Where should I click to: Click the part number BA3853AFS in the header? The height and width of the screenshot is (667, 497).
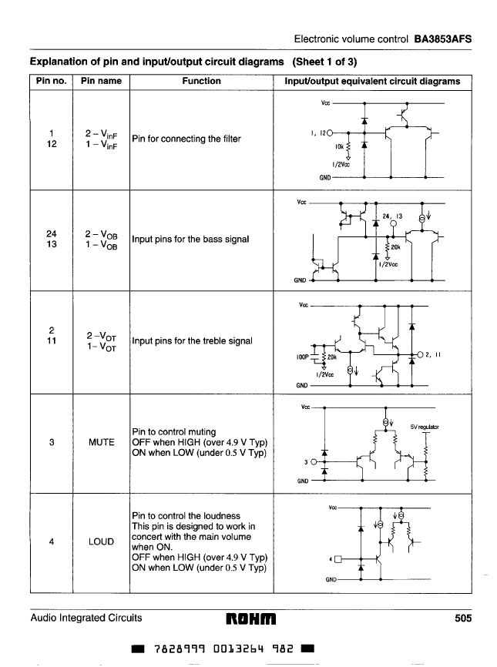tap(442, 38)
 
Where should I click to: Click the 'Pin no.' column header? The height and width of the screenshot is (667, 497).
tap(51, 81)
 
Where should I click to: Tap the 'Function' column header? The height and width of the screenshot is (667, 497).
tap(201, 81)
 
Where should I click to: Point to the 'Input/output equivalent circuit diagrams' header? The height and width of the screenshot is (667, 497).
tap(372, 81)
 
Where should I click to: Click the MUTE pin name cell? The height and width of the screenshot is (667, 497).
tap(101, 442)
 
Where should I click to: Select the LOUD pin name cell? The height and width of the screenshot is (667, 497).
tap(101, 541)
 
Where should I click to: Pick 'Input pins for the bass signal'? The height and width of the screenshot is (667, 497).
tap(190, 239)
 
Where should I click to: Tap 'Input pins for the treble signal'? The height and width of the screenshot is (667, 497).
tap(192, 341)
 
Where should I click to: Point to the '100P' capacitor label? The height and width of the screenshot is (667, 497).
tap(302, 357)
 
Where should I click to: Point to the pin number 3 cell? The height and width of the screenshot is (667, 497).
tap(50, 442)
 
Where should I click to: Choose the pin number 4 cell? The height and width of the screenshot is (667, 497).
tap(50, 541)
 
